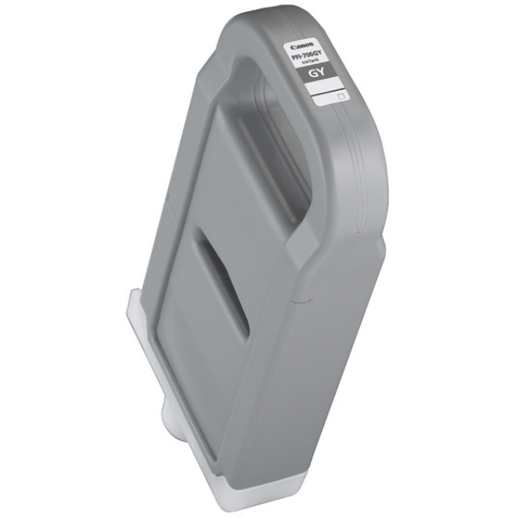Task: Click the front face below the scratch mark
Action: pyautogui.click(x=319, y=388)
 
